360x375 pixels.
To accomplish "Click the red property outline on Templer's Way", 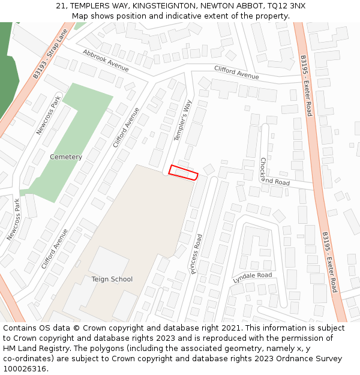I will (x=183, y=173).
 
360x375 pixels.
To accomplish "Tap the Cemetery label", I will (x=66, y=157).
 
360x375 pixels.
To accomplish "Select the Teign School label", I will (x=112, y=279).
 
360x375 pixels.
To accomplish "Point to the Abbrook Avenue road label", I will (x=106, y=61).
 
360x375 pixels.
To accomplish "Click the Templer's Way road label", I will (x=183, y=121).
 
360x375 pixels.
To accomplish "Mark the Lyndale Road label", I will (x=253, y=278).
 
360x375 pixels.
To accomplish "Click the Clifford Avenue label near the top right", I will (x=236, y=73).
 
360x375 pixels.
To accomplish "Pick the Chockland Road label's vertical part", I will (x=263, y=169).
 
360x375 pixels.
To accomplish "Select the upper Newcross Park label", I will (x=49, y=116).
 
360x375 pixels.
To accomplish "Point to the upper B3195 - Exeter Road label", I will (x=306, y=86).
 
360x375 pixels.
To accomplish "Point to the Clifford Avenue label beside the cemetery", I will (x=126, y=128).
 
